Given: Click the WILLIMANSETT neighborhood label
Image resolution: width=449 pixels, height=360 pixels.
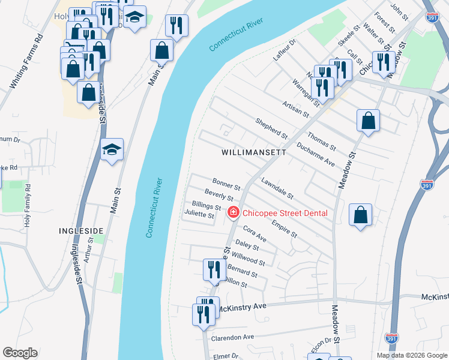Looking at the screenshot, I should click(x=252, y=152).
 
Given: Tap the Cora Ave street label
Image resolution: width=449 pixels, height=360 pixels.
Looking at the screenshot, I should click(x=255, y=233).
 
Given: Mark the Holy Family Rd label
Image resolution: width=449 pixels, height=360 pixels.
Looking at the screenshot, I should click(x=27, y=208).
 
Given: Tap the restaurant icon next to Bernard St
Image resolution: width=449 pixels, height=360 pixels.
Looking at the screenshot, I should click(x=214, y=271).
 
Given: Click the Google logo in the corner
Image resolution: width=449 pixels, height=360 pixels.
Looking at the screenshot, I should click(x=20, y=353).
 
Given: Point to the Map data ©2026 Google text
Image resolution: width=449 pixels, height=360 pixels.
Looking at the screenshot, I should click(x=411, y=355).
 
